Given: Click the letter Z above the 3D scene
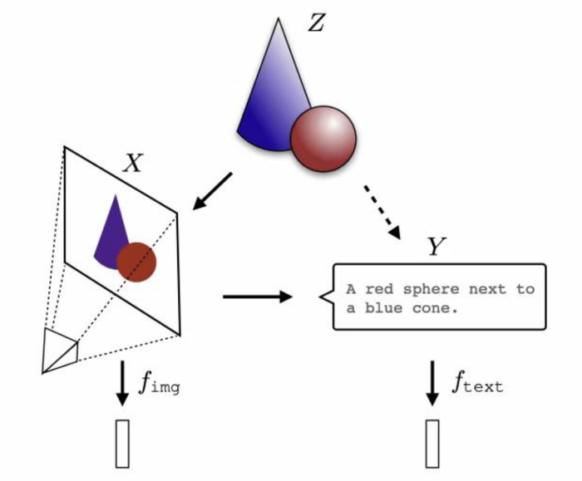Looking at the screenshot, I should click(316, 22).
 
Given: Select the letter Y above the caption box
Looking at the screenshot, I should click(436, 247).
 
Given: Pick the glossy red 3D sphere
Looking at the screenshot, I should click(323, 137).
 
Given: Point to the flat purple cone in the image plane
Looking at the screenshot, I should click(110, 231).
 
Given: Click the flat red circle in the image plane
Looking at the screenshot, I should click(136, 261).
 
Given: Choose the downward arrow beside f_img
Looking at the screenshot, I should click(122, 383).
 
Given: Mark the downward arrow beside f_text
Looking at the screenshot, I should click(432, 383).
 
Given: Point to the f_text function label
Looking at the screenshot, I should click(477, 384).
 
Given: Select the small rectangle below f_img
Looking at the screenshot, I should click(123, 444).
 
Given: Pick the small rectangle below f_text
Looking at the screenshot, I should click(432, 444).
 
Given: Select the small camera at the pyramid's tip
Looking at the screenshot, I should click(59, 351).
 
